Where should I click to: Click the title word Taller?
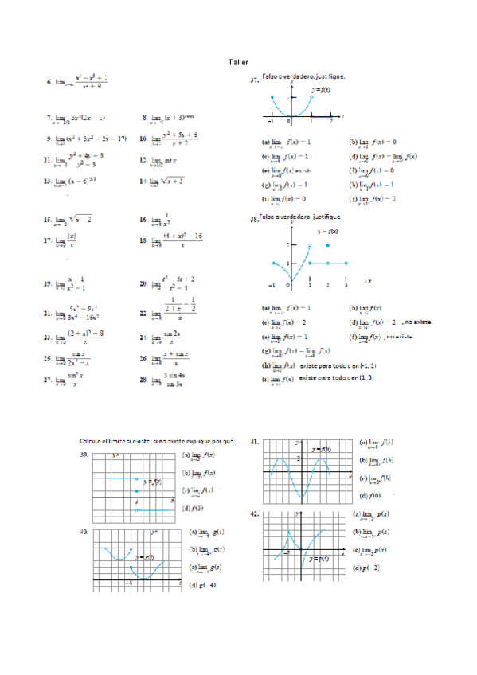[238, 61]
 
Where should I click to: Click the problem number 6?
[49, 82]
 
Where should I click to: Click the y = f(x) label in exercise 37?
[323, 90]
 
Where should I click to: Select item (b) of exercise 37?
[353, 142]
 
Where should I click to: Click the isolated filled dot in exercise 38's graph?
[327, 246]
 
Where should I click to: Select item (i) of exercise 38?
[266, 380]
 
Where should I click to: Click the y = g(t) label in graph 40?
[144, 556]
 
